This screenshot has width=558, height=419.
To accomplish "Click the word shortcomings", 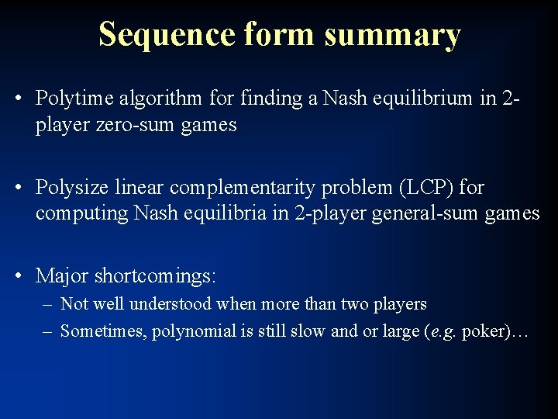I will click(156, 275).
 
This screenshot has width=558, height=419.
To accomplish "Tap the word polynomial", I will click(194, 331).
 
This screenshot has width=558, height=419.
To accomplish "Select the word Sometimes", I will click(103, 331).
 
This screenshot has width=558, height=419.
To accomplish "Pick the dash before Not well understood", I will click(49, 304).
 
